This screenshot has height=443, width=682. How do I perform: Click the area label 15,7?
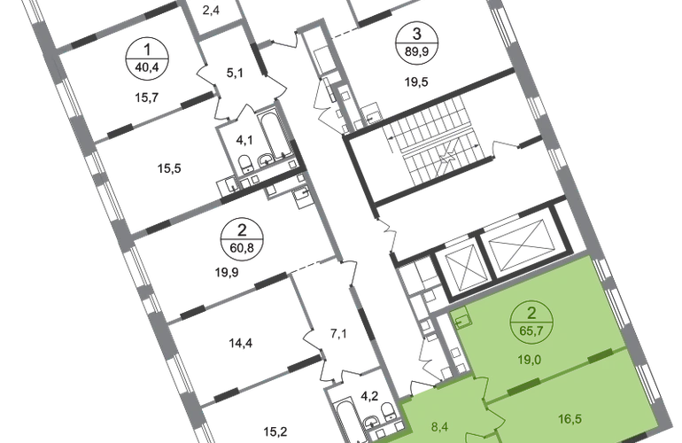click(146, 97)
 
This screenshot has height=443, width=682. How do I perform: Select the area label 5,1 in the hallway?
click(235, 73)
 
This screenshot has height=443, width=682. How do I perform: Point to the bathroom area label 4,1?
click(244, 140)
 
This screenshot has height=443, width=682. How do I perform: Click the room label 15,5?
click(169, 168)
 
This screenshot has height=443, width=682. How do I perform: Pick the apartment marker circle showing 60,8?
click(242, 239)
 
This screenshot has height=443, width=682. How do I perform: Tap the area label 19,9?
click(227, 273)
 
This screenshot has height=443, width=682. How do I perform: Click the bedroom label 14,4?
click(241, 344)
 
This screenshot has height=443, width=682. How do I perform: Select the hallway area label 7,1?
click(338, 334)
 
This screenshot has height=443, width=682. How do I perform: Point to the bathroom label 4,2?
click(369, 396)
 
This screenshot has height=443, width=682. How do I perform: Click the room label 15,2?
click(275, 431)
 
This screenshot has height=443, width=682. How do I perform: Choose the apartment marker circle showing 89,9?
click(416, 43)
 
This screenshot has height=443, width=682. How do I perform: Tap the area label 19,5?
click(416, 82)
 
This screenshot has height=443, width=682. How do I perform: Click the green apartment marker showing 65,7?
click(531, 322)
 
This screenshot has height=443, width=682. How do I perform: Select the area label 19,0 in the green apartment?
click(530, 360)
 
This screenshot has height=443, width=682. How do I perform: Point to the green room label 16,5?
click(570, 419)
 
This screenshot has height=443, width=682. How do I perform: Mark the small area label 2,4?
click(211, 10)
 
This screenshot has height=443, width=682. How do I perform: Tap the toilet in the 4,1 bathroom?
click(245, 163)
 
